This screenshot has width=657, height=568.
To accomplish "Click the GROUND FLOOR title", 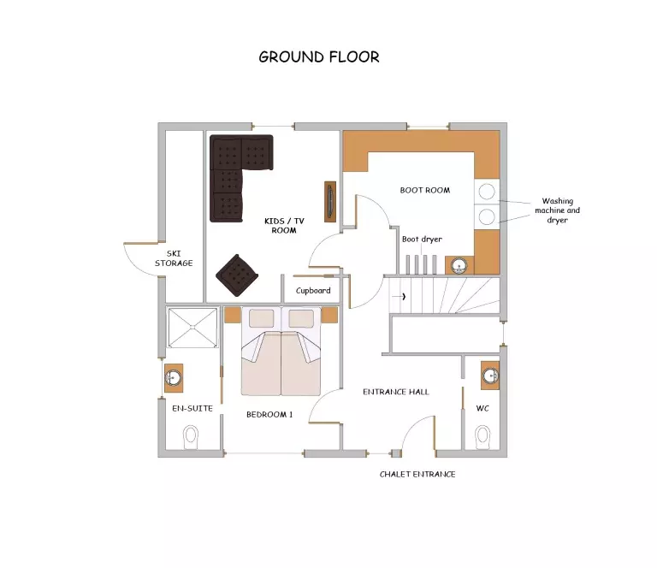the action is pos(319,57).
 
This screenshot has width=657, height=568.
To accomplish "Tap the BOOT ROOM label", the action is pos(425,190).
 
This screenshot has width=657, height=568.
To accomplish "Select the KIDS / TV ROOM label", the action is pos(284,225).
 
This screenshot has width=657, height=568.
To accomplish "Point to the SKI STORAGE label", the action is pos(174,258).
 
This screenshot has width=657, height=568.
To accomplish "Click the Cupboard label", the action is pos(313,290).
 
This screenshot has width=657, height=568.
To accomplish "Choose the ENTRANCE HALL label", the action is pos(396,392).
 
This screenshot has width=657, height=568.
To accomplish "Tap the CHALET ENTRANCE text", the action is pos(417,474).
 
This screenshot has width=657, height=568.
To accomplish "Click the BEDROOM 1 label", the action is pos(269,415).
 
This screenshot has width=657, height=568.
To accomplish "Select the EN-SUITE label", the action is pos(192,408).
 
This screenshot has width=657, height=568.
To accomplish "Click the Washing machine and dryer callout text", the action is pos(557,210).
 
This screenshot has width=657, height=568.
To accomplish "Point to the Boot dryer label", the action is pos(422,240).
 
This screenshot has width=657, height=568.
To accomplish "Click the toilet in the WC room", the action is pos(483,438).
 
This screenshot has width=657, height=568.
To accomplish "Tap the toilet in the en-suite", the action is pos(191,438).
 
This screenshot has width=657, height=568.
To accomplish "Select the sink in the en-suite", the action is pos(174,378).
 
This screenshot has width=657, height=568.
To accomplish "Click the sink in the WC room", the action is pos(490,376).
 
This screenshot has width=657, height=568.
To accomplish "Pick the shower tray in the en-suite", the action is pos(192,328).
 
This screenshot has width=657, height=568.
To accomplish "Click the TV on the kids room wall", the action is pos(330,202).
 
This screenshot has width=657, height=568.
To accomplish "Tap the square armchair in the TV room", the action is pos(237,275).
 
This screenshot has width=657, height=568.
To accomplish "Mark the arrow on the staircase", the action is pos(399,297).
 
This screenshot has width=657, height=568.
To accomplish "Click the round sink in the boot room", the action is pos(459,265).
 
